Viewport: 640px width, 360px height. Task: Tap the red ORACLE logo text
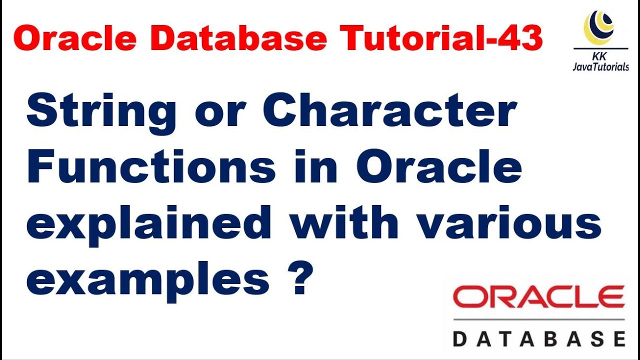pos(538,297)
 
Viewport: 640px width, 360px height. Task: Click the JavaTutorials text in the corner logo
pos(600,67)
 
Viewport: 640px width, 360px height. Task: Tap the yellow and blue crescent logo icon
pos(599,27)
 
